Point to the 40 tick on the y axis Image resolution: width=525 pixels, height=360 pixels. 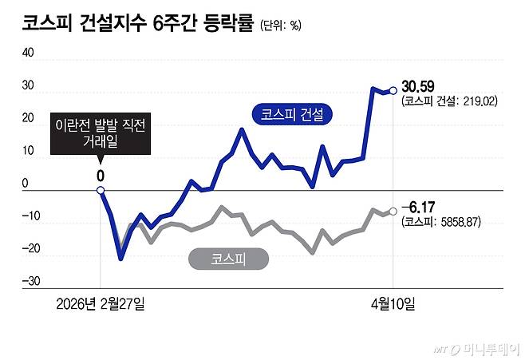(28, 53)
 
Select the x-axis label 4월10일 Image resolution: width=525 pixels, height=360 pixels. (393, 303)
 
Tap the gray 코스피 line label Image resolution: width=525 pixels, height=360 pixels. (228, 258)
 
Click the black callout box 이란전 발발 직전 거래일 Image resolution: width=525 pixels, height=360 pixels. (101, 133)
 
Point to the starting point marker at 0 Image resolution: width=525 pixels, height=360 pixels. (101, 190)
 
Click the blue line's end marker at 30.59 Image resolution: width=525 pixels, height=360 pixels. (393, 90)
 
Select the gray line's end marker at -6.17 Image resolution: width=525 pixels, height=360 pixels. (393, 211)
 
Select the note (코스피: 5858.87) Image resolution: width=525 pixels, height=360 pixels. (442, 222)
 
